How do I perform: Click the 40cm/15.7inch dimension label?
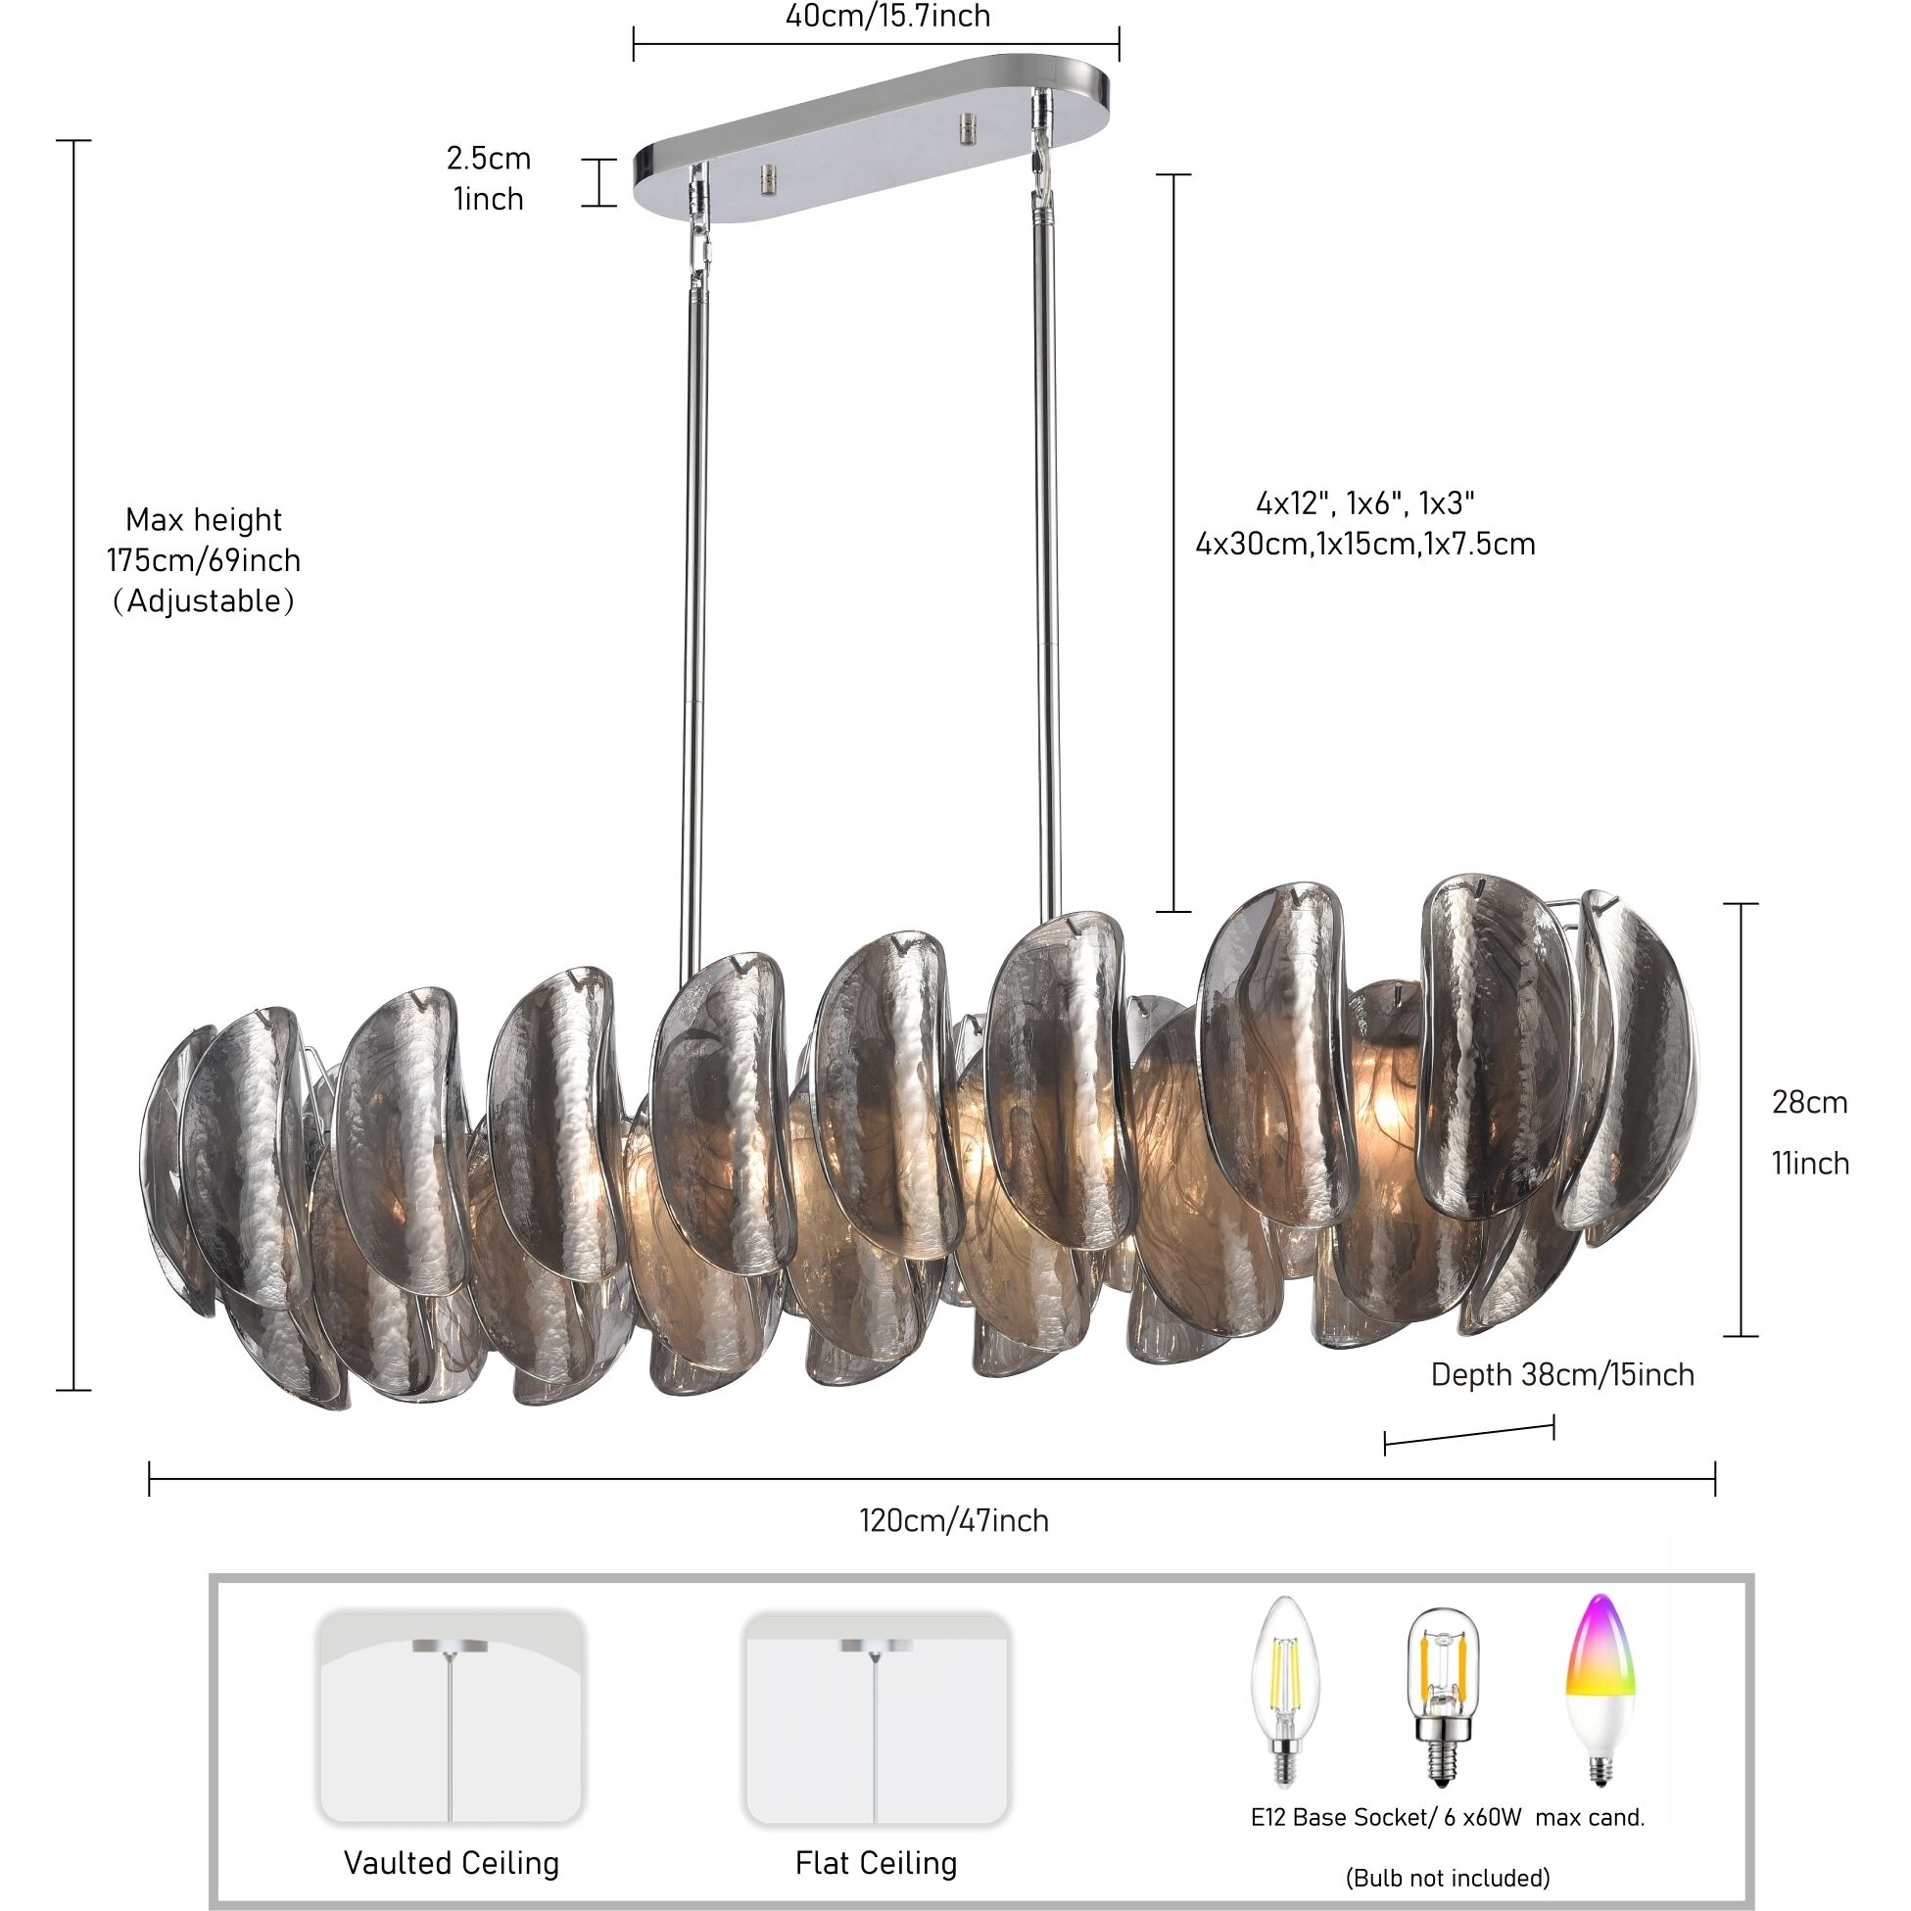[x=887, y=17]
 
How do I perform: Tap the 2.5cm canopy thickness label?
[x=488, y=159]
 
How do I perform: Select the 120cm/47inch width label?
[x=953, y=1520]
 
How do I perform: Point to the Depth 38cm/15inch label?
[x=1562, y=1375]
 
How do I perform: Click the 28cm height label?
[x=1809, y=1103]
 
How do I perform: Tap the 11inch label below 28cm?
[x=1809, y=1164]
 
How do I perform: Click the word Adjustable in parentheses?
[x=204, y=601]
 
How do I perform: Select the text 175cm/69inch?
[x=204, y=561]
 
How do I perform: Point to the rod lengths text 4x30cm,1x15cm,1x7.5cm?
[x=1365, y=544]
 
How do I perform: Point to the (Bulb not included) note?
[x=1447, y=1878]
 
